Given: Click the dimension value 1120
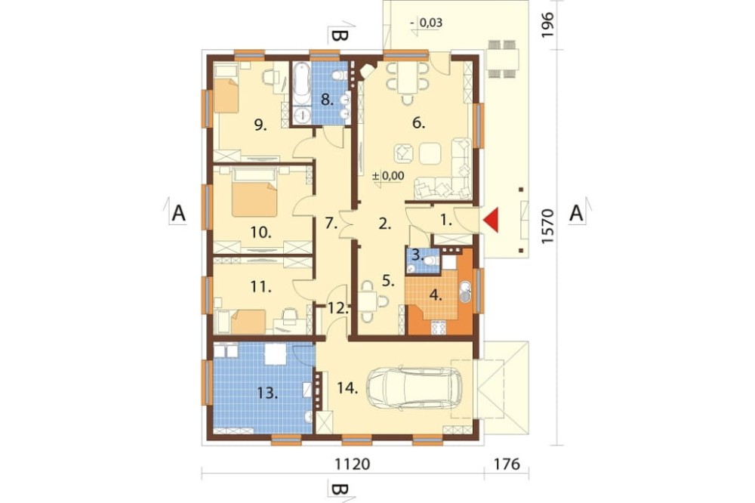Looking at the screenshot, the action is [353, 464].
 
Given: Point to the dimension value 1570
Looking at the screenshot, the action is [548, 227].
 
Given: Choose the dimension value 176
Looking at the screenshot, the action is [507, 464].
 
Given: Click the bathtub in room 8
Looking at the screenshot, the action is [302, 83].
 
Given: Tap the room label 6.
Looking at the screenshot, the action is [418, 123].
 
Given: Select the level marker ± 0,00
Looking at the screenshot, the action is [389, 176].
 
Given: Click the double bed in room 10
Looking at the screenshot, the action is [254, 193].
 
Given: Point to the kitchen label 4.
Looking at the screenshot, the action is [436, 295].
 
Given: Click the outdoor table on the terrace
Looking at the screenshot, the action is [502, 59].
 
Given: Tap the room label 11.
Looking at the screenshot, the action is [260, 287].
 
